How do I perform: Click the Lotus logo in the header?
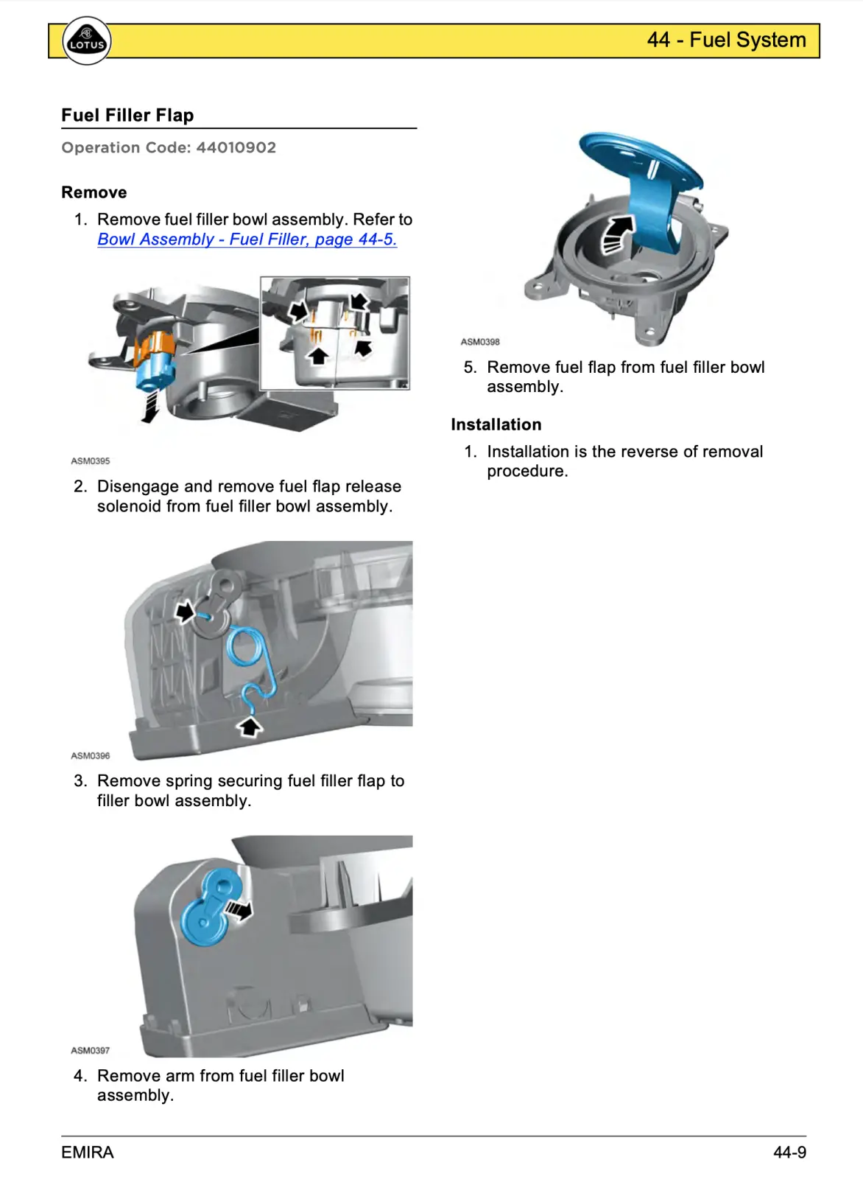(x=87, y=41)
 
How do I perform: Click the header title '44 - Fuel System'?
(x=726, y=40)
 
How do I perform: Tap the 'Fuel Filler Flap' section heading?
(x=127, y=116)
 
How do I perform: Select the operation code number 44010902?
(x=236, y=147)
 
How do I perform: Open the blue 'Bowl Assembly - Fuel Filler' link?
(x=247, y=239)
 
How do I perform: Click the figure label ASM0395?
(x=90, y=461)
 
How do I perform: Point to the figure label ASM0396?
(x=90, y=756)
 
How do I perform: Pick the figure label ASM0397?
(x=90, y=1051)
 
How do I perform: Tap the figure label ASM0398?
(x=480, y=342)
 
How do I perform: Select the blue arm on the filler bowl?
(x=209, y=908)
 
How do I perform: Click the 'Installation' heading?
(x=496, y=425)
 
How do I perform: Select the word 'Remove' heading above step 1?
(x=94, y=193)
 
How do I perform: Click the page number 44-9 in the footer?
(x=789, y=1152)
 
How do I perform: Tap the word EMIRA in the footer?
(x=88, y=1152)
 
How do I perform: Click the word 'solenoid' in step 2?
(x=127, y=507)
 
